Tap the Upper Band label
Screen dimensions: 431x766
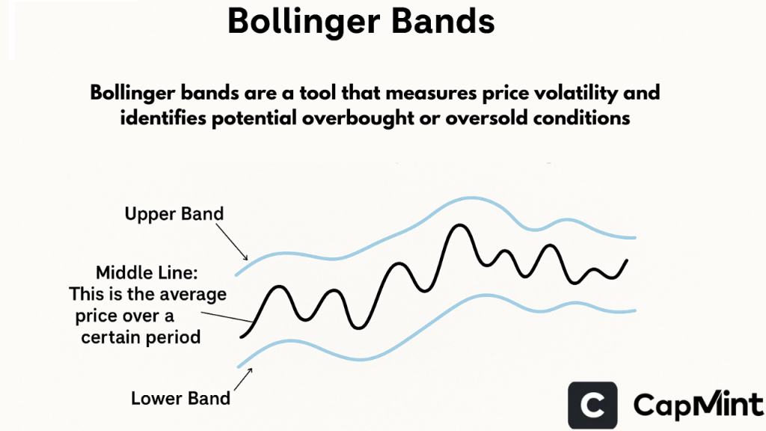tap(174, 214)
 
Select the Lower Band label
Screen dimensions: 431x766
tap(180, 398)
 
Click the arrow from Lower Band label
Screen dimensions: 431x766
tap(242, 380)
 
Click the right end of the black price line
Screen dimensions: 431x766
tap(627, 260)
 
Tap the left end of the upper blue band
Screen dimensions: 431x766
tap(237, 276)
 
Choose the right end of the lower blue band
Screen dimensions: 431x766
tap(635, 309)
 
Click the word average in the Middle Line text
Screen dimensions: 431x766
tap(191, 294)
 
